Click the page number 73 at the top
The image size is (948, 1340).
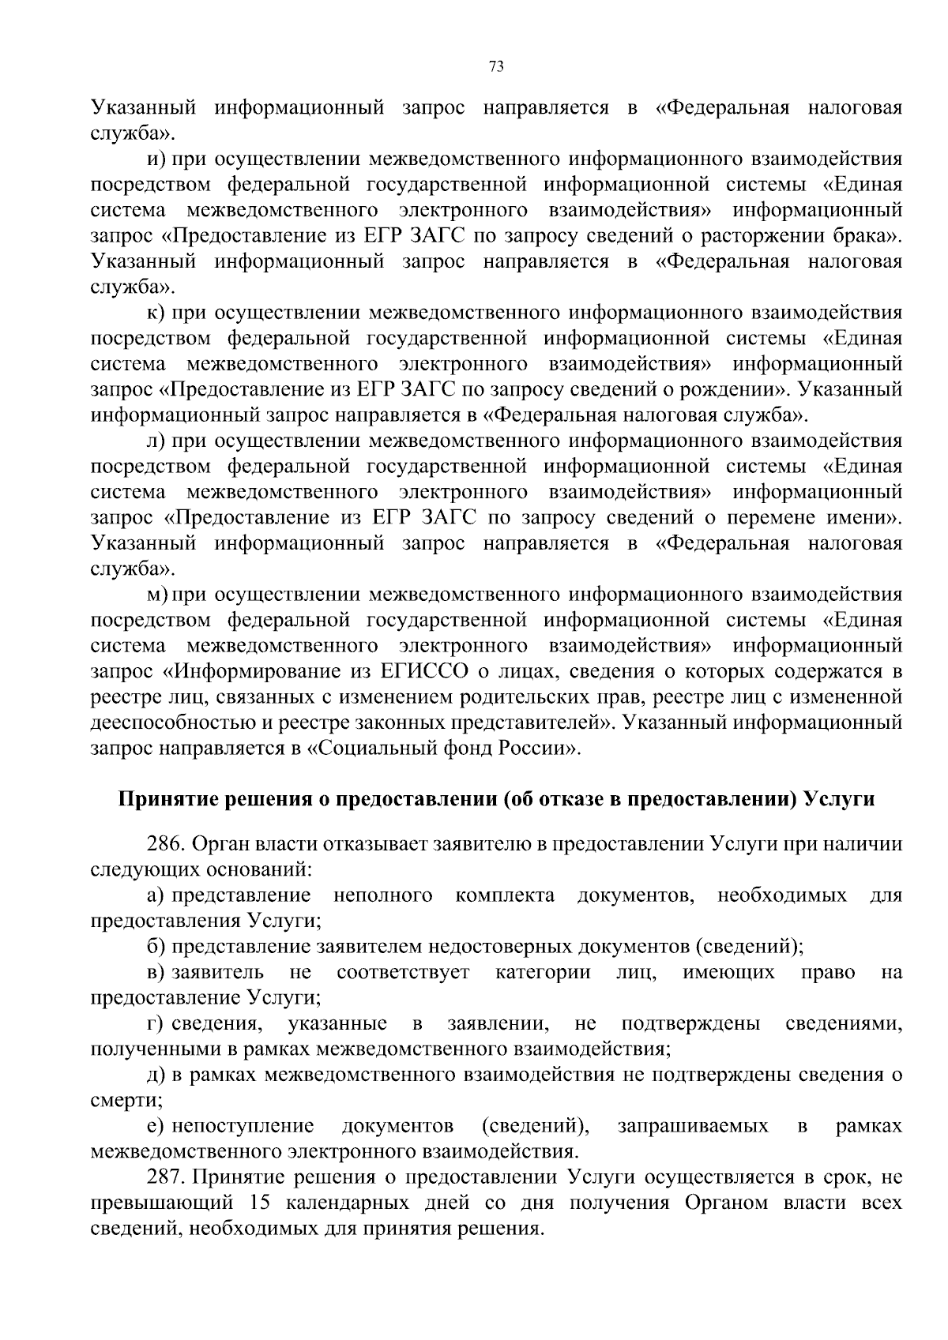coord(497,66)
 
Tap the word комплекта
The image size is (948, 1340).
coord(505,895)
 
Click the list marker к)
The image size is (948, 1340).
coord(156,313)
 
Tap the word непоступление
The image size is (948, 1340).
coord(243,1126)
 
